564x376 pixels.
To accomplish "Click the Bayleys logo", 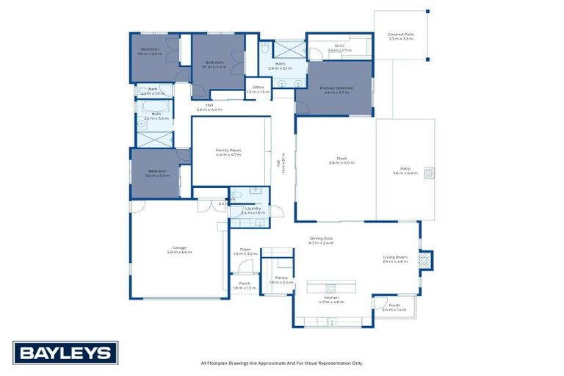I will click(x=65, y=352).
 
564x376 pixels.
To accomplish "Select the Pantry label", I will click(x=281, y=279).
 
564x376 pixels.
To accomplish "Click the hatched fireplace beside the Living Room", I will click(x=424, y=260).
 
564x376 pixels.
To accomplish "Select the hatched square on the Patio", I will click(x=430, y=173).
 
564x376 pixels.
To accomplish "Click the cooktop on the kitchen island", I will click(x=330, y=287).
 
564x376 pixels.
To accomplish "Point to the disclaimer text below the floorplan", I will click(x=281, y=363).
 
